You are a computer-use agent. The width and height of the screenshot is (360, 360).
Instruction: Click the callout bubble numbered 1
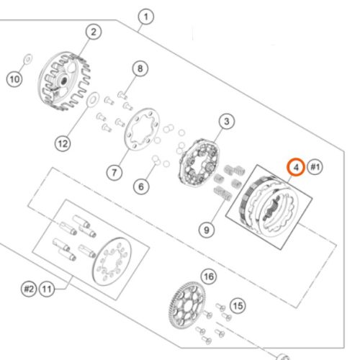[x=146, y=17]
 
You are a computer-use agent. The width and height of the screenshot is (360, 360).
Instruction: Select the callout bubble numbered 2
[x=94, y=32]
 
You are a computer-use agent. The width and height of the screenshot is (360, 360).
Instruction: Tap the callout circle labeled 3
[x=227, y=122]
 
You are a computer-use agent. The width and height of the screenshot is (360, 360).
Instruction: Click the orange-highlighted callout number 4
[x=297, y=167]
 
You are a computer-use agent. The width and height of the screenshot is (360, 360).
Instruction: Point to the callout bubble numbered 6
[x=141, y=186]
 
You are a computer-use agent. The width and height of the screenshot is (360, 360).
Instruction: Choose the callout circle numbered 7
[x=114, y=172]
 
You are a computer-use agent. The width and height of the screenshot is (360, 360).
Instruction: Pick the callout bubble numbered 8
[x=140, y=68]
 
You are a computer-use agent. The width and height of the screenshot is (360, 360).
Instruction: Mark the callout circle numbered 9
[x=207, y=230]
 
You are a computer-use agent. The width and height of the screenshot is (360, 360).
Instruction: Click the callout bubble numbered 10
[x=14, y=79]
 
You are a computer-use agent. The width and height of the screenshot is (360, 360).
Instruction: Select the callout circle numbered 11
[x=47, y=289]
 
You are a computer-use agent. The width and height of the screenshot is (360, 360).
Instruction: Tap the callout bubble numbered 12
[x=63, y=143]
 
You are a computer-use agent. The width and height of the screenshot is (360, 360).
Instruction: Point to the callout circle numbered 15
[x=238, y=306]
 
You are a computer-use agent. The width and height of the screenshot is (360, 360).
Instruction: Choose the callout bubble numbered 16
[x=209, y=276]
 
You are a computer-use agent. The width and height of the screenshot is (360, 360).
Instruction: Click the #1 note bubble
[x=315, y=167]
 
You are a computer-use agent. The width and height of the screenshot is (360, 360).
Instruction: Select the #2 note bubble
[x=29, y=289]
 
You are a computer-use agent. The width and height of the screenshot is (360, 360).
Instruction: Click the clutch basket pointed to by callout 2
[x=64, y=81]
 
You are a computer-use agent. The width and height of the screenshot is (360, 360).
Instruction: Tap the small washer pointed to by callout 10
[x=28, y=58]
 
